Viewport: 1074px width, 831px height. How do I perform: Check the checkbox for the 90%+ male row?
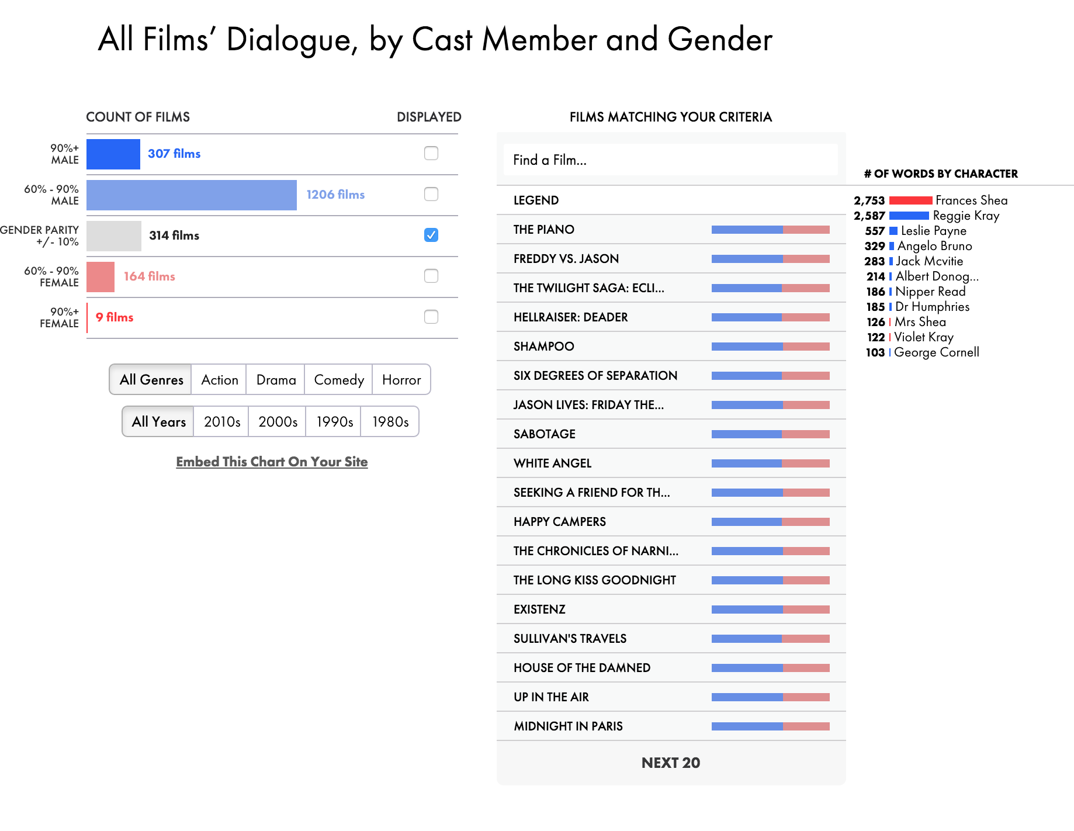[431, 153]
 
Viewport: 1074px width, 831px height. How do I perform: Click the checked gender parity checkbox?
[431, 235]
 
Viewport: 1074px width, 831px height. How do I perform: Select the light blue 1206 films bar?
[191, 195]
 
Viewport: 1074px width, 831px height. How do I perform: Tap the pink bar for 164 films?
[101, 276]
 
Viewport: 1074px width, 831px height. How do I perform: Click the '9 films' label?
[115, 317]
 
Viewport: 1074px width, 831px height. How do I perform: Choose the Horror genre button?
[401, 380]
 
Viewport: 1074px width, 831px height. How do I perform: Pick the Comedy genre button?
[338, 380]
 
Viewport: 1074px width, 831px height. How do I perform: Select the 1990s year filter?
[334, 422]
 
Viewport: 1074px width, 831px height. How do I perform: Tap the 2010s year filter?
[221, 422]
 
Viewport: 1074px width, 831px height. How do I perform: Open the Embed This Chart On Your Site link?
[272, 462]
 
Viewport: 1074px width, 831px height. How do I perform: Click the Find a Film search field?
[670, 160]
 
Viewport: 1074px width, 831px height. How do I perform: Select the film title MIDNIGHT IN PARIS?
[568, 726]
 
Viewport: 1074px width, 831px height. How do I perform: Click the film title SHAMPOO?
[543, 347]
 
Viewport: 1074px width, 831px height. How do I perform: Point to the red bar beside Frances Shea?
[910, 200]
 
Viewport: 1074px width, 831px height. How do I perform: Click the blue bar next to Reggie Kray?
[909, 216]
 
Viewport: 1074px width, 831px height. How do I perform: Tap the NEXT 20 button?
[670, 763]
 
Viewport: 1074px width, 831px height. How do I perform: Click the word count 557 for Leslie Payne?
[875, 231]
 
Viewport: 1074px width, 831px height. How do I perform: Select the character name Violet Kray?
[923, 337]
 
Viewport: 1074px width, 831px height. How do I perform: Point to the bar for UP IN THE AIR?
[770, 697]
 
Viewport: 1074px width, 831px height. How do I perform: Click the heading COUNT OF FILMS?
[138, 117]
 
